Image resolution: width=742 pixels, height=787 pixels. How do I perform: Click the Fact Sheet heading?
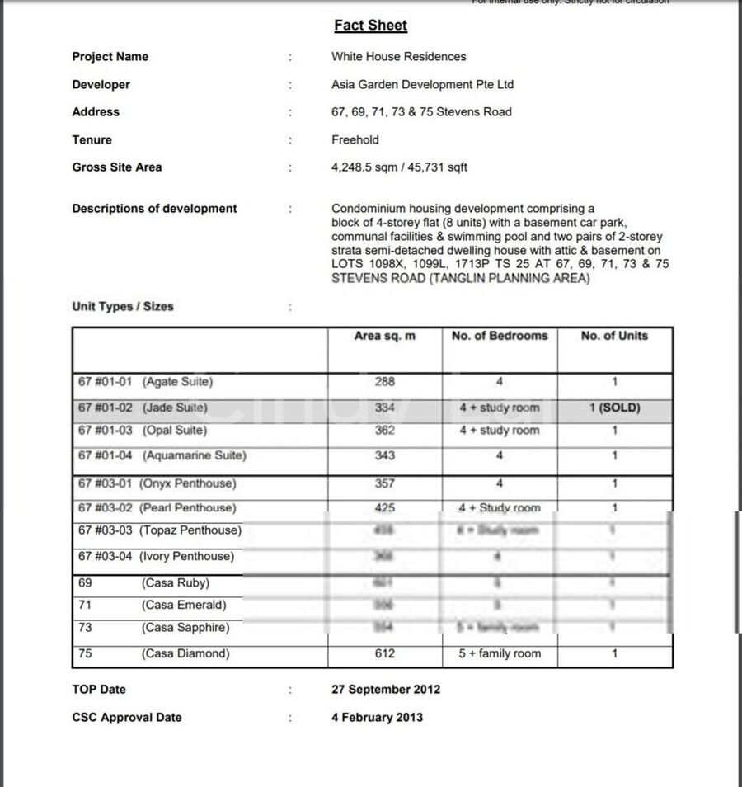(x=370, y=26)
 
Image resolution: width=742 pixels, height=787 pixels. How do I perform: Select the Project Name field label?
(x=110, y=57)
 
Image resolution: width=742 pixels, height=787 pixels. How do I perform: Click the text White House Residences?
(x=398, y=57)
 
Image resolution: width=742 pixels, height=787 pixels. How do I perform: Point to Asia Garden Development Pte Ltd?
(x=422, y=85)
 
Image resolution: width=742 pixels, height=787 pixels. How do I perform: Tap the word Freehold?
(x=355, y=140)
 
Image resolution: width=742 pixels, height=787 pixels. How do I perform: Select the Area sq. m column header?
(x=384, y=336)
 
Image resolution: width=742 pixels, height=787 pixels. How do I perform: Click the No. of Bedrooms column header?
(x=500, y=336)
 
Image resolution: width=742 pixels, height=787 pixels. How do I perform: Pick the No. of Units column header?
(x=614, y=336)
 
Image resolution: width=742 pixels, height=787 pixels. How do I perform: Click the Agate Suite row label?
(x=145, y=382)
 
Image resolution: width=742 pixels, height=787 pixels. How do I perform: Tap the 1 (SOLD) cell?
(x=615, y=408)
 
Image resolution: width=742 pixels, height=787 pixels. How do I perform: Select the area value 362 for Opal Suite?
(x=384, y=431)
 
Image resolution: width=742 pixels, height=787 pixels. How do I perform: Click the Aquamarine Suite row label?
(x=162, y=455)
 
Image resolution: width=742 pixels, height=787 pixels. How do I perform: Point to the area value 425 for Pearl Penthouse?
(x=384, y=508)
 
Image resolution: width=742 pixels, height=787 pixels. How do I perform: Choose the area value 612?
(x=384, y=654)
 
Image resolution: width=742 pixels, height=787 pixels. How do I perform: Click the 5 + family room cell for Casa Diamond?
(x=500, y=654)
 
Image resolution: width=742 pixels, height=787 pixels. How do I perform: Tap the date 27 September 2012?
(x=386, y=690)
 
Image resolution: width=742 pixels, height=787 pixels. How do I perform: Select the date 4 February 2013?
(x=377, y=718)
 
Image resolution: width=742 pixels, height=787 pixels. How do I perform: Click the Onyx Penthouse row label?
(x=157, y=483)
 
